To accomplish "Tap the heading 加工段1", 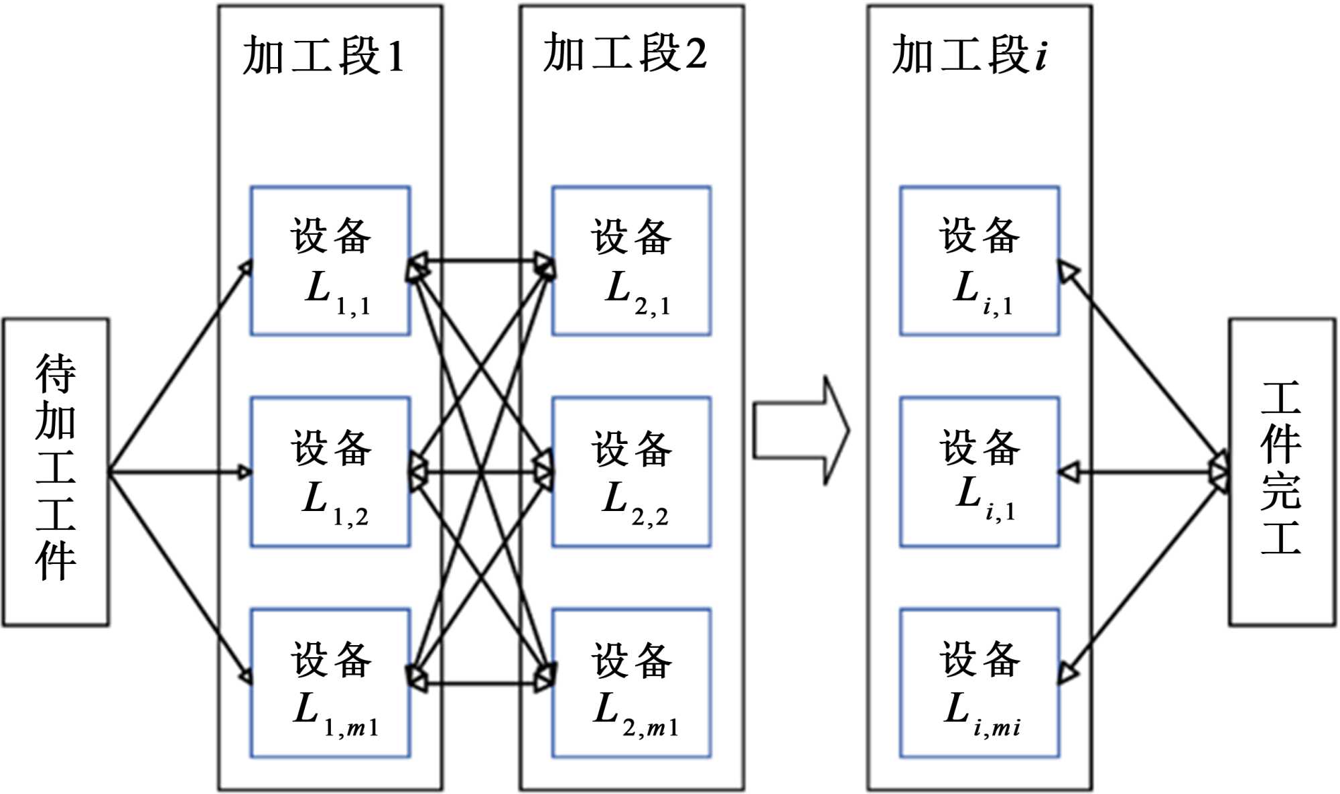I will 324,55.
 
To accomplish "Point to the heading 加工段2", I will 624,53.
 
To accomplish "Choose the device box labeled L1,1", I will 330,261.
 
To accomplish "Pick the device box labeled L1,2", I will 330,472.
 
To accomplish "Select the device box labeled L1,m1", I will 330,683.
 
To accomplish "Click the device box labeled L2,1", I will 631,261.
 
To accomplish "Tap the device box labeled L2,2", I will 631,472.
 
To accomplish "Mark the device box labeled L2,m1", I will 631,683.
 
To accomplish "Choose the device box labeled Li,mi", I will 980,683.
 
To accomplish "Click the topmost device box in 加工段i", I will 980,261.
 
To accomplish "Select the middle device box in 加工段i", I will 980,472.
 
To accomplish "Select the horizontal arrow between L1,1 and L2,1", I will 481,260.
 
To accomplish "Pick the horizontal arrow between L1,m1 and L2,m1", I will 481,684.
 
